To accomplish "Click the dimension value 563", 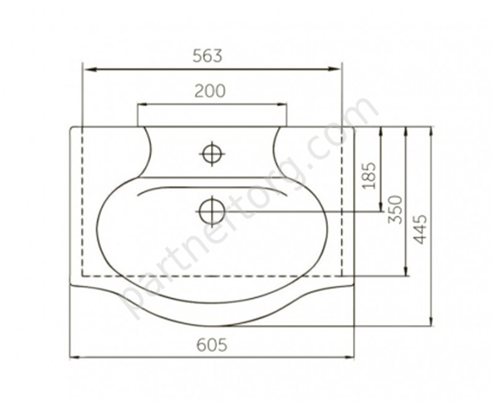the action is tap(207, 56).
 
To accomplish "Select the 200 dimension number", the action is tap(210, 91).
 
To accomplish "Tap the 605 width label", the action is tap(212, 345).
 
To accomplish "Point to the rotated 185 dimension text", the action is tap(369, 176).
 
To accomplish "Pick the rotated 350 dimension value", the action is tap(395, 209).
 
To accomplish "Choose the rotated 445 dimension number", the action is tap(420, 229).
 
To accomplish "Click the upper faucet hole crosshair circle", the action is tap(212, 154).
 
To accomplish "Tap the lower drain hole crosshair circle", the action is tap(212, 211).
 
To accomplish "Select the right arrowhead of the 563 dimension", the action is tap(334, 69).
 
